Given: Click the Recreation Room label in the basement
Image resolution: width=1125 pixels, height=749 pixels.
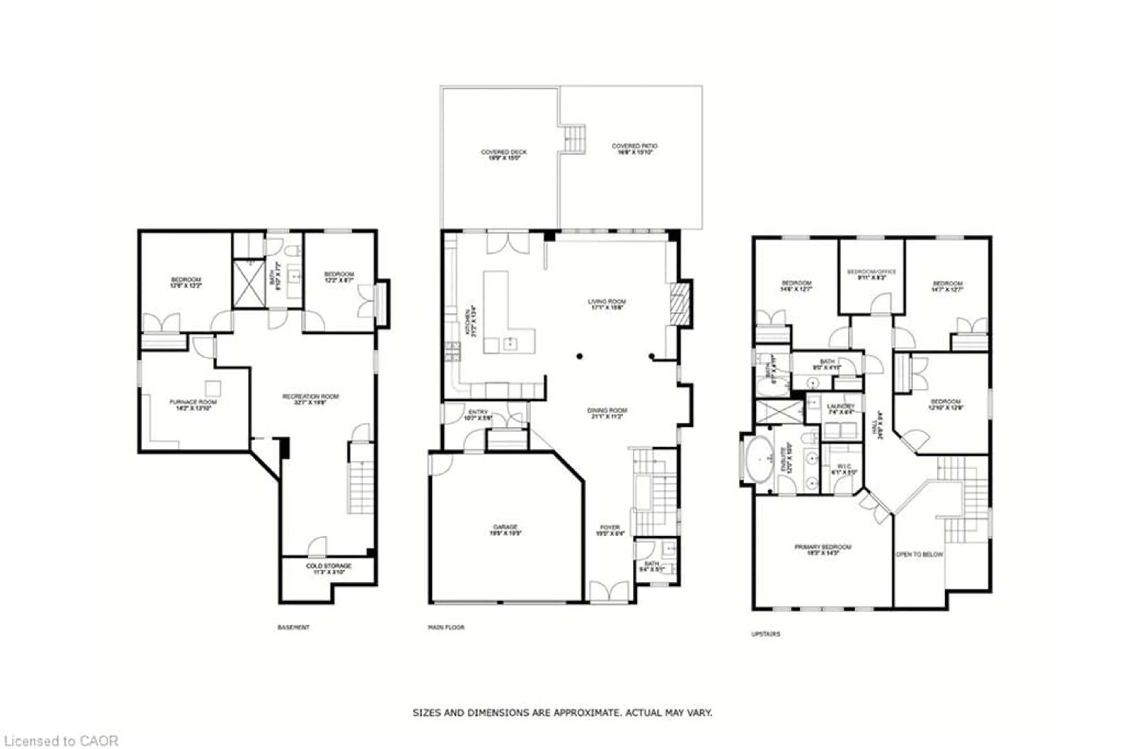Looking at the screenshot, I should pyautogui.click(x=310, y=399).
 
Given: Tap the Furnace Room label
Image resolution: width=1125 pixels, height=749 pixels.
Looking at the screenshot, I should pyautogui.click(x=193, y=405).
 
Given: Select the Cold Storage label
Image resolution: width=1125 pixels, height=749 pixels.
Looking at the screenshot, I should pyautogui.click(x=328, y=568).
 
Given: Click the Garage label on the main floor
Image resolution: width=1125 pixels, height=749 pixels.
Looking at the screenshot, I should pyautogui.click(x=505, y=530).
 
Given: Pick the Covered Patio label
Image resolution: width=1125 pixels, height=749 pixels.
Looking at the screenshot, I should pyautogui.click(x=635, y=148).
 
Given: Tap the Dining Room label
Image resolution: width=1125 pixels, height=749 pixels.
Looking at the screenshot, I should pyautogui.click(x=607, y=413).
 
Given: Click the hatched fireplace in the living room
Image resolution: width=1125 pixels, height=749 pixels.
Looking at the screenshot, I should pyautogui.click(x=680, y=304).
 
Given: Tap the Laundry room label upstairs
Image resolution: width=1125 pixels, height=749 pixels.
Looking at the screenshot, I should pyautogui.click(x=840, y=409).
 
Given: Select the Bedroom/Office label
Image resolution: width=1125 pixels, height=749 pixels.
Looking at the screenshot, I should pyautogui.click(x=872, y=274).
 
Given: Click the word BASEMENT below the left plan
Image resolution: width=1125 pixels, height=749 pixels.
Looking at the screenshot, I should pyautogui.click(x=294, y=627).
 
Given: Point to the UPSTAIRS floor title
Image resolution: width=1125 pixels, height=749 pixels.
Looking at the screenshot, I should pyautogui.click(x=765, y=634).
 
